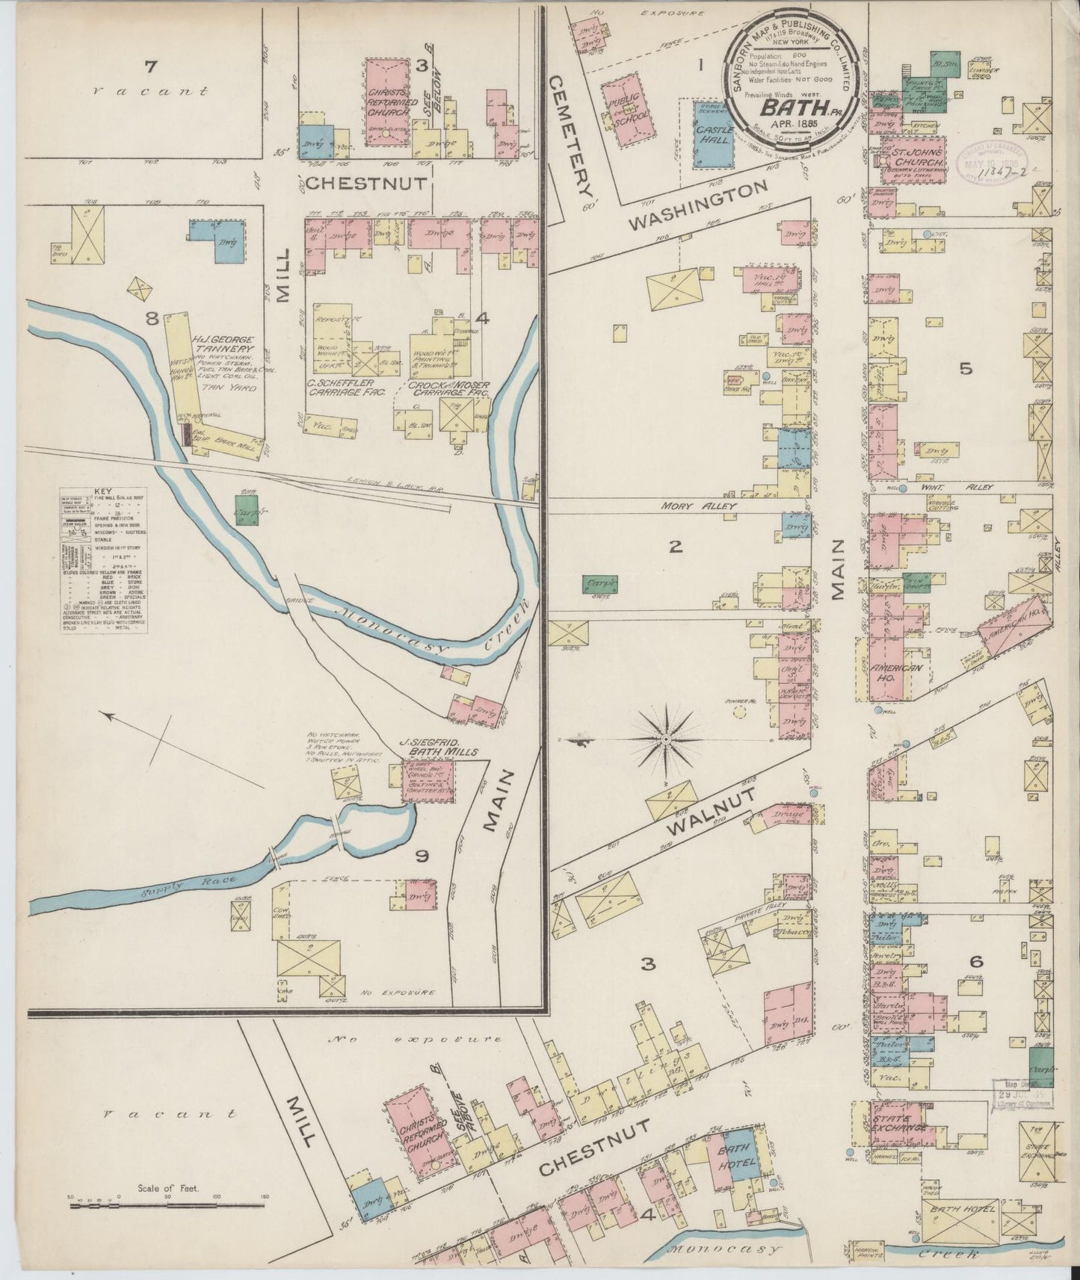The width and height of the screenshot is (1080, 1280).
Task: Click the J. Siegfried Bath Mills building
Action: point(428,782)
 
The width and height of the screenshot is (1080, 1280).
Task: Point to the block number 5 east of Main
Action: point(965,368)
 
